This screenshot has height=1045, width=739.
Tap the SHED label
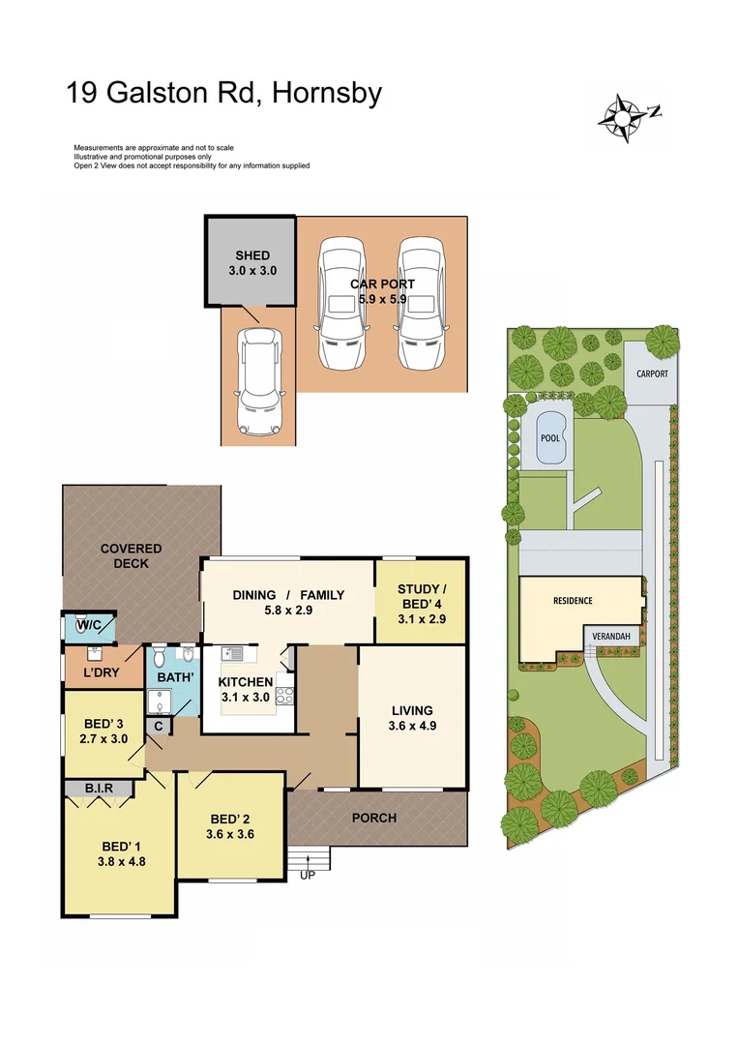tap(252, 263)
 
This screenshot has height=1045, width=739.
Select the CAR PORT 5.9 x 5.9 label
tap(382, 291)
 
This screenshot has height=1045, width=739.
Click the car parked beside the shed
tap(258, 381)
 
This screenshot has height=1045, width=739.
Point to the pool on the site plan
tap(548, 437)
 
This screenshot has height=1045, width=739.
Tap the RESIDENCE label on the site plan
tap(573, 601)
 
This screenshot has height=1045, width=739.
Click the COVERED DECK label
tap(131, 555)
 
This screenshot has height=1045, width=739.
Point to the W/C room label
tap(90, 627)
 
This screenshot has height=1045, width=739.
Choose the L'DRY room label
tap(101, 672)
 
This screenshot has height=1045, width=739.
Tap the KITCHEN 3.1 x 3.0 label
tap(246, 690)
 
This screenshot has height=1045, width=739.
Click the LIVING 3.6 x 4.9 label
tap(412, 717)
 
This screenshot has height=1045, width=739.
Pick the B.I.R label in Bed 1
tap(99, 789)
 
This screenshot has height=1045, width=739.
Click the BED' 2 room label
tap(230, 825)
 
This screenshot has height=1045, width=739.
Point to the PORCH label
tap(373, 818)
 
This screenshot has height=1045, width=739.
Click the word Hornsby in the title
tap(328, 94)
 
